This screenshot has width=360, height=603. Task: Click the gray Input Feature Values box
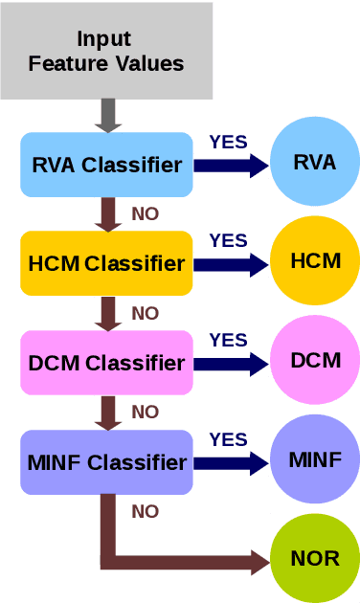105,52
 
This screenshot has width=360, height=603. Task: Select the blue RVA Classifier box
106,165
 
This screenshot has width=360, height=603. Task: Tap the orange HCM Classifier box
106,263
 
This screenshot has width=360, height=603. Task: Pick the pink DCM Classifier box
106,363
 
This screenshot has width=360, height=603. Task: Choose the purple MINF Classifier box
106,463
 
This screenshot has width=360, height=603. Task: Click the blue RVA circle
315,162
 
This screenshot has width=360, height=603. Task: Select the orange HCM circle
315,260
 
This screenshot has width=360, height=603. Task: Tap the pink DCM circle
315,360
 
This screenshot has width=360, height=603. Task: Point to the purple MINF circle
315,459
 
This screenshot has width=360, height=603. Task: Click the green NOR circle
315,558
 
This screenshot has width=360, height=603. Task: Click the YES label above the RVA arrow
228,142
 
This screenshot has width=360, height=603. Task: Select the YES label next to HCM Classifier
228,240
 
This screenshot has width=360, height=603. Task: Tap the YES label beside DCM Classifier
228,340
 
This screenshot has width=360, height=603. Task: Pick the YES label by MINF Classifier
228,439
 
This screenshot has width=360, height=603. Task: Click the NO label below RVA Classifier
146,213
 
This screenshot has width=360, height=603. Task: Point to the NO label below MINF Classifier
146,512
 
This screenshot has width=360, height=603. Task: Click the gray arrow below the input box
107,116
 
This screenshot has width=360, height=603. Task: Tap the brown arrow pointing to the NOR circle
191,562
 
